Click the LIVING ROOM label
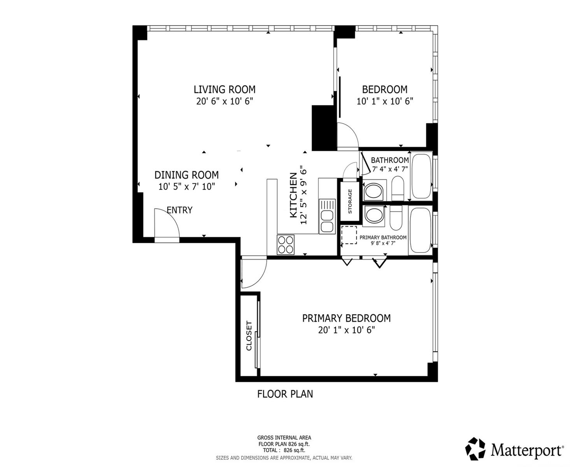click(224, 89)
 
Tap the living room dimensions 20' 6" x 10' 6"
click(224, 102)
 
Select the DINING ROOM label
click(186, 175)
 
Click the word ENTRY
click(179, 210)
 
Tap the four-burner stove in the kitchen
click(286, 245)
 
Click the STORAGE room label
click(350, 201)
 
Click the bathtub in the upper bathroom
click(422, 176)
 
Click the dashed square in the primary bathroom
click(349, 235)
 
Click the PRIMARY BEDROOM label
click(346, 318)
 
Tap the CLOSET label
click(249, 335)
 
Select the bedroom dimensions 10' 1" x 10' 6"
click(384, 102)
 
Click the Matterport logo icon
click(475, 449)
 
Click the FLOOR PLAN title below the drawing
click(285, 394)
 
